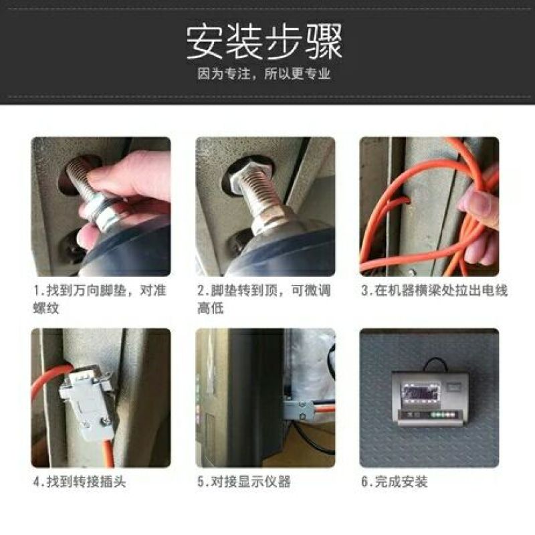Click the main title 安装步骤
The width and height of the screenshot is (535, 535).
(264, 42)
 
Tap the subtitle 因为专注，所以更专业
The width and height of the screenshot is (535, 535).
(264, 74)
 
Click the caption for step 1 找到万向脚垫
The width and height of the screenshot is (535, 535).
(100, 299)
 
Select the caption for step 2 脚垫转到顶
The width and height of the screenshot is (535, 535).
(264, 299)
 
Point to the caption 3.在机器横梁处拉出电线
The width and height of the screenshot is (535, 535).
(434, 291)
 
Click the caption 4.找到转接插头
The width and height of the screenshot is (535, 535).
(80, 481)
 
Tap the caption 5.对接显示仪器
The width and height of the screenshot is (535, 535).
(244, 481)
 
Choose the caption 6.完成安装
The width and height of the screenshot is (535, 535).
(395, 481)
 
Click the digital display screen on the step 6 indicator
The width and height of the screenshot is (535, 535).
(421, 393)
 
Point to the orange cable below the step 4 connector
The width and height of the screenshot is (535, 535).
(108, 452)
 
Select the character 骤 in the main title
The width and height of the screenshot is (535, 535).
(324, 42)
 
